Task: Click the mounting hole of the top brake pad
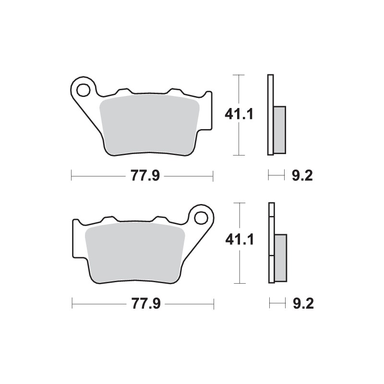[84, 89]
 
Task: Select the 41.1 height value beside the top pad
[239, 114]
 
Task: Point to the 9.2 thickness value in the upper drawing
[302, 176]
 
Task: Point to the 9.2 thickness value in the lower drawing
[302, 303]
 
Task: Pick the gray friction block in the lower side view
[280, 257]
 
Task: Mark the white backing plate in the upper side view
[270, 115]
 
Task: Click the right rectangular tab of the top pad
[207, 110]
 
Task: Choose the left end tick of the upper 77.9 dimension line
[71, 176]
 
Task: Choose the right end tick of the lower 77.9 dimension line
[214, 303]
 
